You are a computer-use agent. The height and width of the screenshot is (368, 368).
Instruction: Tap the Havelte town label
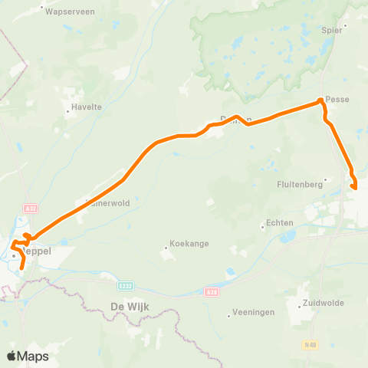tap(87, 107)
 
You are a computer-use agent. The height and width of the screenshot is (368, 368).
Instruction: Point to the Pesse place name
tap(338, 99)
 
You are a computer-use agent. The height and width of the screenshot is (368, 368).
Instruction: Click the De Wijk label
tap(129, 307)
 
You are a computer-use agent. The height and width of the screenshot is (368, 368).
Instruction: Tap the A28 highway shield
tap(212, 291)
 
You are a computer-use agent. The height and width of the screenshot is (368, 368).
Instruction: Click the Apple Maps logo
tap(28, 356)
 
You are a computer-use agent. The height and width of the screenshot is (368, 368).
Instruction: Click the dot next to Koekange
tap(166, 247)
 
